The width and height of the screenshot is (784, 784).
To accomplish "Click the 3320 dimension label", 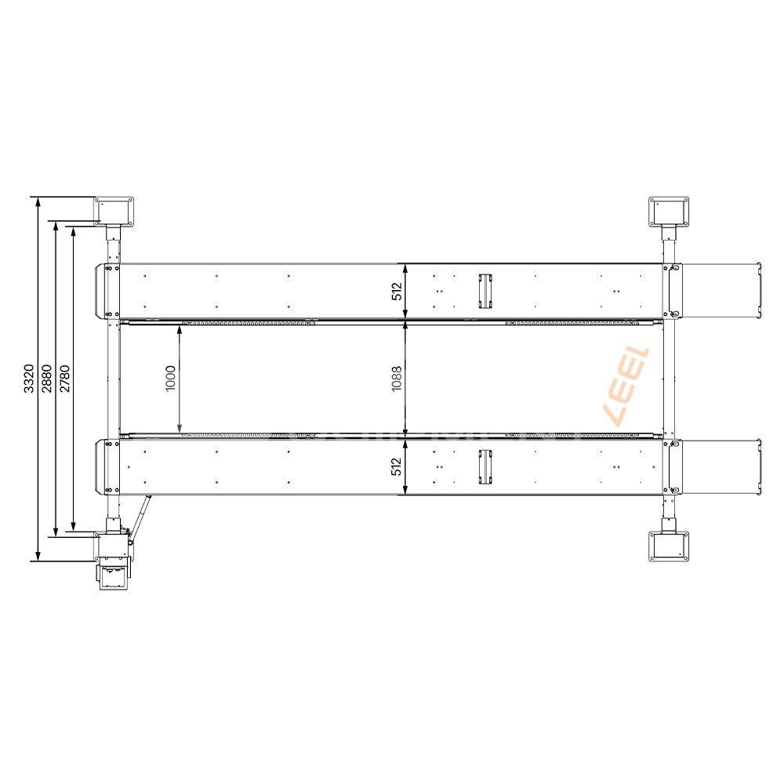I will [28, 379].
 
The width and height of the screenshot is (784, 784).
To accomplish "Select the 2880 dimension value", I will [46, 379].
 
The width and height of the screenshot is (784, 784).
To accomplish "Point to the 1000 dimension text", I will [171, 379].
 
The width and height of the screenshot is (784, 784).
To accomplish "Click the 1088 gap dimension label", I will [397, 379].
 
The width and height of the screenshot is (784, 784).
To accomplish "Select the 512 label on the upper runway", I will [397, 292].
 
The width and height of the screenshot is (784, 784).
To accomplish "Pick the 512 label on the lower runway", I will [397, 467].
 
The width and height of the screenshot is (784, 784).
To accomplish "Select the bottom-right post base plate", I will [669, 546].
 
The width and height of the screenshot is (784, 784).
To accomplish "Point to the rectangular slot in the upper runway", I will [485, 291].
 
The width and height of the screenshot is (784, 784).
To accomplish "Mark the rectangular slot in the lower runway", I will [485, 467].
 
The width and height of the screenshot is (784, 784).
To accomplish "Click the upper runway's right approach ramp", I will [723, 291].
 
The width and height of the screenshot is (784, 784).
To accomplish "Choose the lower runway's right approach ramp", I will [723, 467].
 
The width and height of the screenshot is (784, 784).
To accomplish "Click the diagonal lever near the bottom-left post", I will [139, 518].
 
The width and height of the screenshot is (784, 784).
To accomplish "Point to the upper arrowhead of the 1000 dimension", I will [181, 330].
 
